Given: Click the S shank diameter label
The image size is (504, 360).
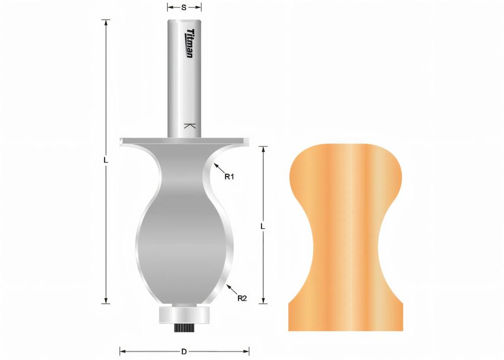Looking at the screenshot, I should coord(184,8).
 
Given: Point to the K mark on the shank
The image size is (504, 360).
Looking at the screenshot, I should coord(189,126).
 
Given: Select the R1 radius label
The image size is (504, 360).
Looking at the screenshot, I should coord(229,176).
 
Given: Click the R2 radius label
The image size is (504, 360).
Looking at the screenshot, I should coord(242,298).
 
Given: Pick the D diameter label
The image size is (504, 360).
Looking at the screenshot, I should coord(184,351).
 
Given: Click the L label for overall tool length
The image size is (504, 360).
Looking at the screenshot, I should coord(105,160).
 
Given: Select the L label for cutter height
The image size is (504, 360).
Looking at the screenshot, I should coord(263,227).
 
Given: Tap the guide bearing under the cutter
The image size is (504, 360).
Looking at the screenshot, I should coord(184,314).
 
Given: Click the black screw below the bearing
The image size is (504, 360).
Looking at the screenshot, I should coord(184,327).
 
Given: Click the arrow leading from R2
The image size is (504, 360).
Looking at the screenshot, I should coord(232,289).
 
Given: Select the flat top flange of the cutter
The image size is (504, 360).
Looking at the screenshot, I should coord(184,141).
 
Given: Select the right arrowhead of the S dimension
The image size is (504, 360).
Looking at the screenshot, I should coord(199,8).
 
